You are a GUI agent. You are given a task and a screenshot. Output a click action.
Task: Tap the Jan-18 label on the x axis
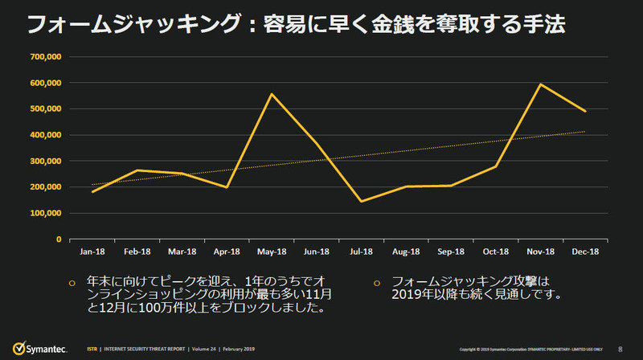pos(92,251)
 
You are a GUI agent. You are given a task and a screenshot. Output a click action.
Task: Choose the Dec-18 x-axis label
pos(584,251)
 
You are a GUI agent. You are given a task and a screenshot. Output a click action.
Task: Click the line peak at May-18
pos(271,94)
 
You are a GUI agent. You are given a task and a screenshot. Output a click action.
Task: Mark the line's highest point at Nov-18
pos(540,84)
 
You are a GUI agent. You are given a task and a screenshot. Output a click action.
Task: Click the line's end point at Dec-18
pos(585,111)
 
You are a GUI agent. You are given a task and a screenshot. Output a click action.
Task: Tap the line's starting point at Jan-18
pos(92,192)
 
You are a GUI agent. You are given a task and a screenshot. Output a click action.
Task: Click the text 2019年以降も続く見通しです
pos(475,296)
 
